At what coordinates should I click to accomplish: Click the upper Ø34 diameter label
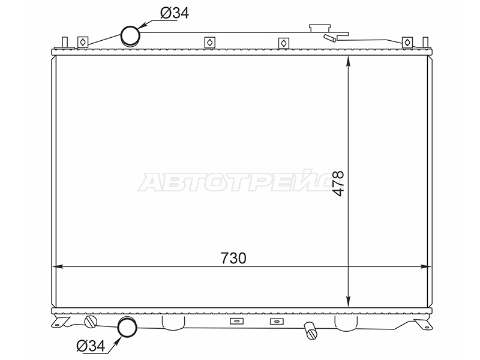(x=175, y=13)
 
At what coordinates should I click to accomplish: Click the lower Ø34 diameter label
(x=91, y=346)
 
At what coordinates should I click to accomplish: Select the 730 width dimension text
(x=233, y=258)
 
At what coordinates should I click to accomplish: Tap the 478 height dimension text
(x=338, y=184)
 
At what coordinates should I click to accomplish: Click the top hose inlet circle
(x=130, y=36)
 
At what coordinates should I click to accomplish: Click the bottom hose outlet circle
(x=127, y=327)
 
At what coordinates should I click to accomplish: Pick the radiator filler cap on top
(x=320, y=28)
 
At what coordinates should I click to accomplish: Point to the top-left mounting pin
(x=65, y=42)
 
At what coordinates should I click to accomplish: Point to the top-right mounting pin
(x=425, y=42)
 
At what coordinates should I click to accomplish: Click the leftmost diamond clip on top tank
(x=83, y=42)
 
